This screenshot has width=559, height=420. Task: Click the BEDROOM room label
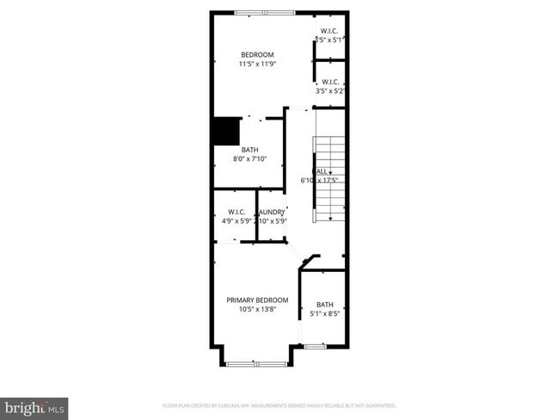click(x=257, y=54)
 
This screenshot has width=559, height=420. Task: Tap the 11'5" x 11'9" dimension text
click(x=257, y=64)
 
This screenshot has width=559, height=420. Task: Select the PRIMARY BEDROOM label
click(x=257, y=300)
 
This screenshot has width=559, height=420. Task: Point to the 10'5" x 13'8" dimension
click(x=257, y=310)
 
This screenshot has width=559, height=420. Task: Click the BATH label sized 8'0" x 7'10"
click(x=249, y=150)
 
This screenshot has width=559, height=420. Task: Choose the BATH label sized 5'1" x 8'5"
click(x=324, y=305)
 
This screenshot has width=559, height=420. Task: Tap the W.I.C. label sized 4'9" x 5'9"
click(x=236, y=212)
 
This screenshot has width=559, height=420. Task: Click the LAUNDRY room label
click(x=272, y=212)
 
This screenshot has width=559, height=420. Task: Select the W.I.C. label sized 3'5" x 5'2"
click(x=330, y=82)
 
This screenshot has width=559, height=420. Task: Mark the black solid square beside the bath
click(x=225, y=132)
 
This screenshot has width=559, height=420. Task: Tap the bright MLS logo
click(x=34, y=407)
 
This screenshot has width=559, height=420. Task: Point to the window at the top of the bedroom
click(x=265, y=12)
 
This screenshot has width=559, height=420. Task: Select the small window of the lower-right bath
click(x=314, y=346)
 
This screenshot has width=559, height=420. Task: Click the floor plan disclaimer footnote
click(x=279, y=405)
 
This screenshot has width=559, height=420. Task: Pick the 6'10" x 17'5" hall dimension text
click(x=319, y=181)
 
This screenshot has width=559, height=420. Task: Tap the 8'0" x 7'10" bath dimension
click(x=249, y=159)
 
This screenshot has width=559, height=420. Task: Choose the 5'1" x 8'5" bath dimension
click(x=325, y=314)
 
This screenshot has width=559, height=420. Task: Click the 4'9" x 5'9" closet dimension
click(x=236, y=221)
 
